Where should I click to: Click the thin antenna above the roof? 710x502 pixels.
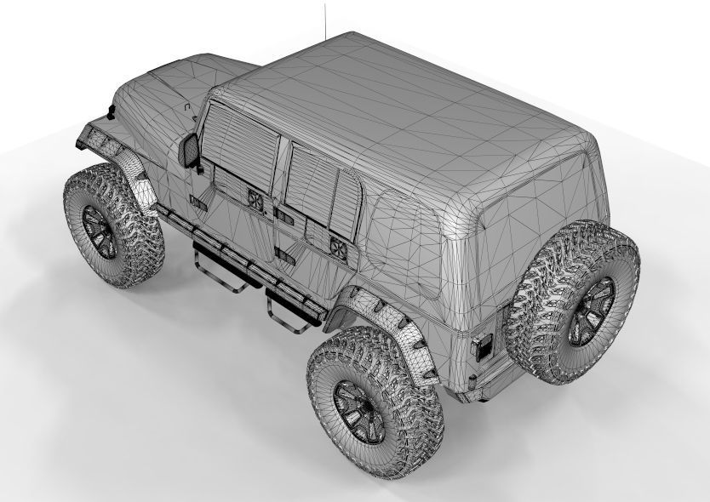325,19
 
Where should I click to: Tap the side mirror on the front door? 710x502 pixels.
190,151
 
